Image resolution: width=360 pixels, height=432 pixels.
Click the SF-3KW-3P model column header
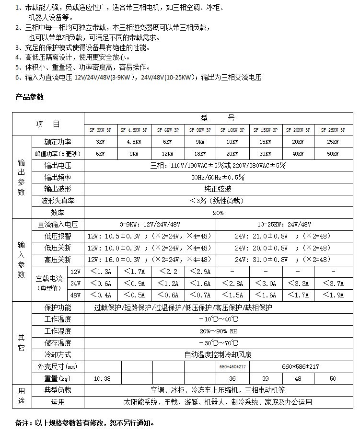click(x=100, y=130)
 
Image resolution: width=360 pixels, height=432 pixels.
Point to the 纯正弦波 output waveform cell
click(x=218, y=189)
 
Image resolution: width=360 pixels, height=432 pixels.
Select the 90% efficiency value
click(x=218, y=213)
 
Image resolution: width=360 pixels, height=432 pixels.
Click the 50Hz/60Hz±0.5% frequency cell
click(x=218, y=177)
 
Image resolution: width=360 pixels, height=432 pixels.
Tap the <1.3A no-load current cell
click(x=100, y=272)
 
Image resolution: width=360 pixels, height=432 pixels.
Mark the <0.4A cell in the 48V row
click(x=100, y=295)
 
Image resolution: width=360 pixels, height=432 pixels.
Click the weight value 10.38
click(x=103, y=378)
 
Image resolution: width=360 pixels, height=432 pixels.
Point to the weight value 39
click(x=265, y=378)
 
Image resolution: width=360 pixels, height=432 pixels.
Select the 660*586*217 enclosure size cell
click(x=300, y=366)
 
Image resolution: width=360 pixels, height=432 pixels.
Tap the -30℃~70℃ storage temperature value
click(x=218, y=343)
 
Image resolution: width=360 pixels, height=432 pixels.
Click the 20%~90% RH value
click(x=218, y=331)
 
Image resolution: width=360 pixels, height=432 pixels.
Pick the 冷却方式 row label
click(x=58, y=354)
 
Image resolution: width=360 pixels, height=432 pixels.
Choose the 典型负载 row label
click(x=58, y=390)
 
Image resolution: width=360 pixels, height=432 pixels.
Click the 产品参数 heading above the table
click(x=30, y=97)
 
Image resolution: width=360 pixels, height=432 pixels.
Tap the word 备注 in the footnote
click(x=23, y=423)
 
